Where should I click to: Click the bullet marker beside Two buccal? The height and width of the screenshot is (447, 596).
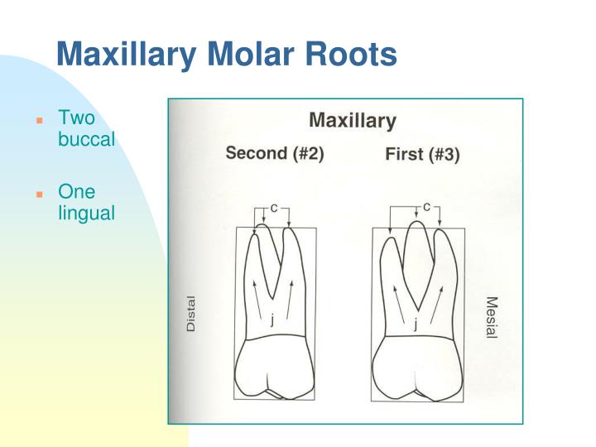[39, 121]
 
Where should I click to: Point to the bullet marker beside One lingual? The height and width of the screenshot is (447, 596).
[39, 195]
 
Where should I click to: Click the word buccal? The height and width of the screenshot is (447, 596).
[86, 139]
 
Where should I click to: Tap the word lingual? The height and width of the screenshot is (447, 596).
[86, 213]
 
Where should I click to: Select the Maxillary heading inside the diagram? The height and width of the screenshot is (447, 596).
[352, 121]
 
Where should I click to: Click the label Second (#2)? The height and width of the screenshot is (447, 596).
[275, 155]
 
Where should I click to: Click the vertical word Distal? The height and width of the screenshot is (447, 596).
[191, 314]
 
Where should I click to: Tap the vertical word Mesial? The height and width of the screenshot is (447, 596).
[491, 317]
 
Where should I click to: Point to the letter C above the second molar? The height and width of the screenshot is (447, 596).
[273, 208]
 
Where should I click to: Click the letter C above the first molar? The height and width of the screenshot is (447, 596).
[426, 207]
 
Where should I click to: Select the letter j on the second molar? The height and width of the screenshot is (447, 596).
[271, 322]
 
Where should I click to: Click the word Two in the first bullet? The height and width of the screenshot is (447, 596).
[76, 119]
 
